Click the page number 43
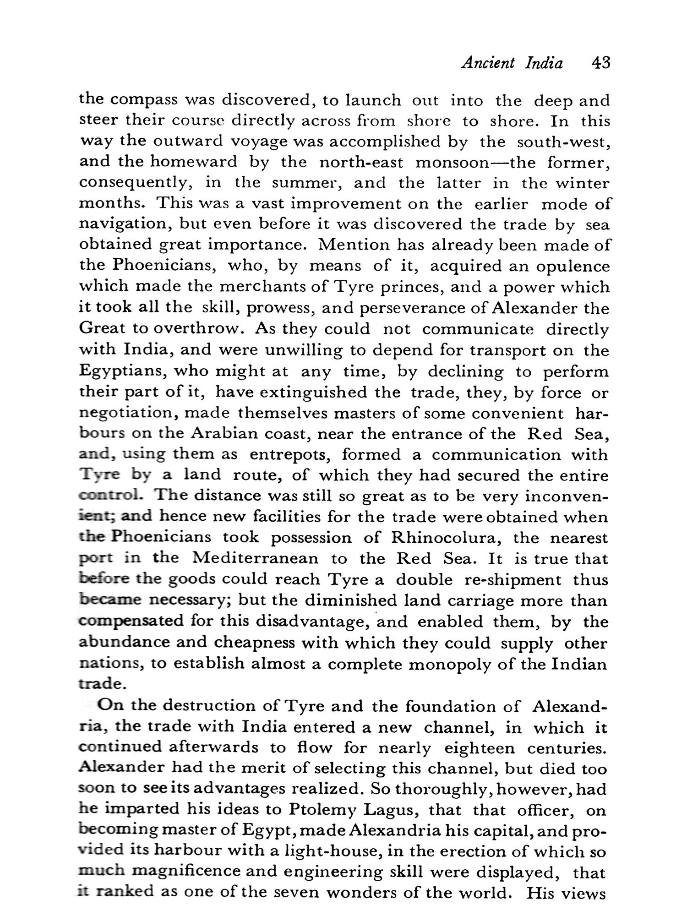tap(600, 62)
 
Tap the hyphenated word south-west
tap(563, 142)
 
